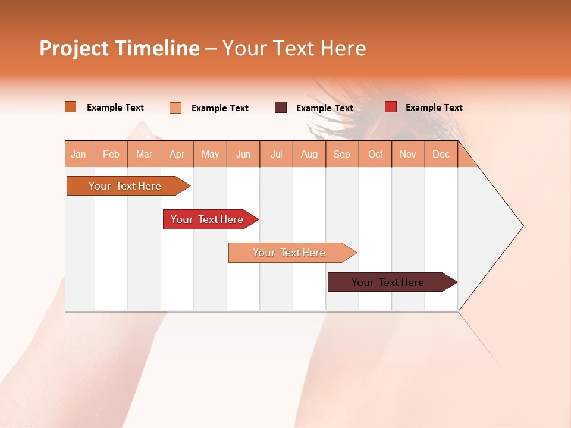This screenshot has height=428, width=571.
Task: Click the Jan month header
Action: click(79, 154)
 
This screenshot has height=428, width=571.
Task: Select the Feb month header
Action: click(111, 154)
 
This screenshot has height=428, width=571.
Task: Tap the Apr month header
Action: click(177, 154)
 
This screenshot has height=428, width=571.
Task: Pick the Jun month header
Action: click(243, 154)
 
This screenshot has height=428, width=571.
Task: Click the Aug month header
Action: click(309, 154)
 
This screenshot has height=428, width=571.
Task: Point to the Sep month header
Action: click(342, 154)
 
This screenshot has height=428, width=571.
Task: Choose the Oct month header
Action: click(375, 154)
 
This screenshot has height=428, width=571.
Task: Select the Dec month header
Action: click(441, 154)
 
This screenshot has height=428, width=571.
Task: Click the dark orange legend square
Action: click(71, 107)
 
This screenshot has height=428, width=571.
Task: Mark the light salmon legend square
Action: click(175, 108)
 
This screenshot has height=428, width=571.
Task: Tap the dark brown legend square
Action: click(281, 108)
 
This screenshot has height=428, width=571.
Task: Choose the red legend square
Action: click(391, 107)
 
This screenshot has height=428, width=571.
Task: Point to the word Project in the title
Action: click(74, 48)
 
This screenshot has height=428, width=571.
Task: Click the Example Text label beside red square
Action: click(434, 108)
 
